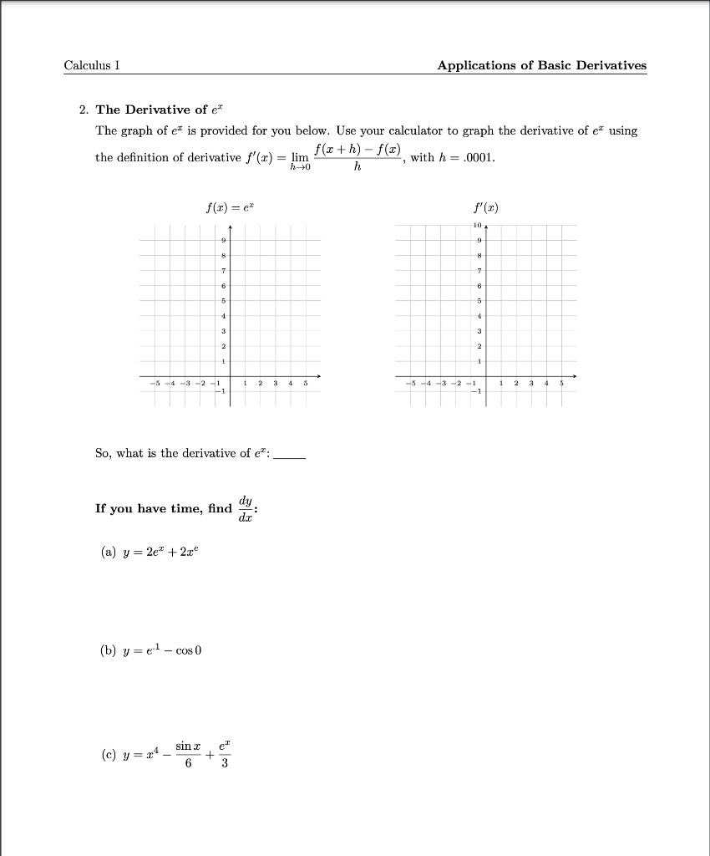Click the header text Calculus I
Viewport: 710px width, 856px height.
(x=92, y=66)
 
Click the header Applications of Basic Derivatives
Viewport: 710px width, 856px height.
(x=541, y=66)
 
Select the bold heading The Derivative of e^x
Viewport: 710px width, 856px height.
(x=161, y=110)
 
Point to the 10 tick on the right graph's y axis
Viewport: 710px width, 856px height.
(x=477, y=226)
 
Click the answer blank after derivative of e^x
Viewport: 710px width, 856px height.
(x=290, y=456)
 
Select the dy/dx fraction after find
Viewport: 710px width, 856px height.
(x=246, y=507)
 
